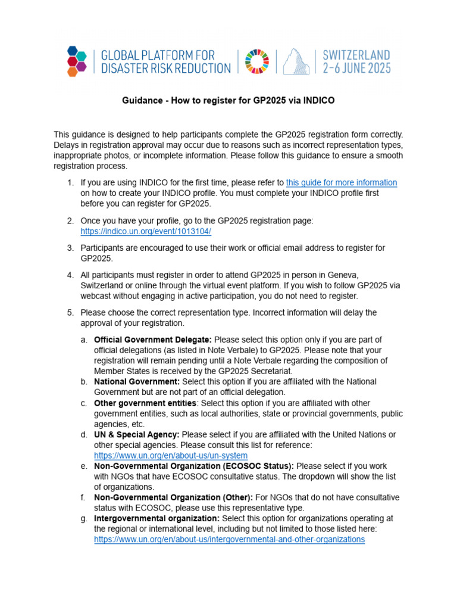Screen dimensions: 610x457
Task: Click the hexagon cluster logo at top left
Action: (x=77, y=61)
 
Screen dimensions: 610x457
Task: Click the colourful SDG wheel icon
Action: (x=257, y=61)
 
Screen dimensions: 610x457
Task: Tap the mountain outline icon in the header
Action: (x=296, y=61)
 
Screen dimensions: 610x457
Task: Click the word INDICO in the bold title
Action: (x=319, y=101)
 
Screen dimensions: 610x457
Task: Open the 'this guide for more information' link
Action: (x=342, y=183)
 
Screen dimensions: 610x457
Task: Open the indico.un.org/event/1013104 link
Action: (x=146, y=231)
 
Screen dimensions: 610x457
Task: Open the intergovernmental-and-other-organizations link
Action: (x=229, y=539)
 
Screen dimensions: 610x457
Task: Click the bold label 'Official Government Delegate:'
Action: (x=153, y=340)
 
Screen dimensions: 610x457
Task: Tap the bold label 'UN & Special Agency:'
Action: (x=137, y=435)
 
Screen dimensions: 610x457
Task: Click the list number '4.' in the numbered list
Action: (x=70, y=275)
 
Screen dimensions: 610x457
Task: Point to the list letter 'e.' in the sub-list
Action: (x=83, y=466)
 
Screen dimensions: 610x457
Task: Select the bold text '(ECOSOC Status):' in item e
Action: (x=258, y=466)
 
